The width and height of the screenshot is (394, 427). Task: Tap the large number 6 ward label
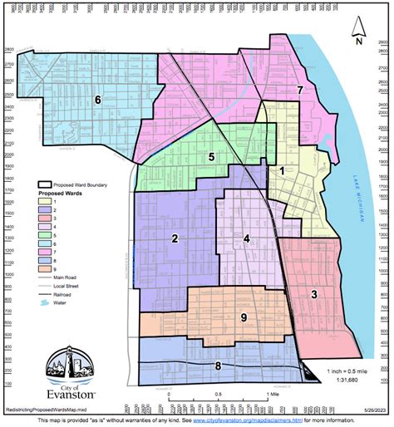point(97,100)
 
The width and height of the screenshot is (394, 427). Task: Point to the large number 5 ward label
point(212,156)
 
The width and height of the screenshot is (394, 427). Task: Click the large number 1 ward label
point(282,170)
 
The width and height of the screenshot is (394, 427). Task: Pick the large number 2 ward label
point(175,239)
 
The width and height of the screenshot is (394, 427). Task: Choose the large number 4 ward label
point(246,239)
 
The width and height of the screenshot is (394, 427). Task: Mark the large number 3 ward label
point(313,294)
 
